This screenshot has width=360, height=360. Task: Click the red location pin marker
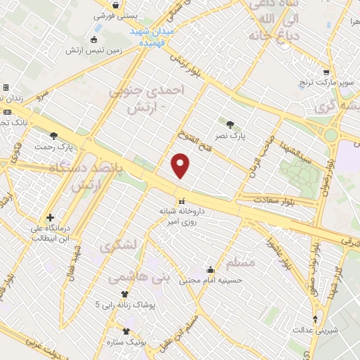coord(181,165)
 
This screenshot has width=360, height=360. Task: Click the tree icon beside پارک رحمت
coord(53,136)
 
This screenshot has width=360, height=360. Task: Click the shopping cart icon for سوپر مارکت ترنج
coord(326,72)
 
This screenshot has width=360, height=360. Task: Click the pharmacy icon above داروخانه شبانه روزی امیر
coord(182,199)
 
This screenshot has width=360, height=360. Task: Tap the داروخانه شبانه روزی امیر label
coord(185,214)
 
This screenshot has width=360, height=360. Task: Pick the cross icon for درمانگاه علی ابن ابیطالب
coord(49,218)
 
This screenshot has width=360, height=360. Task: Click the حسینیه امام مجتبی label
coord(210,280)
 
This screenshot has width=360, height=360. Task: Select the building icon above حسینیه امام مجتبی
coord(210,269)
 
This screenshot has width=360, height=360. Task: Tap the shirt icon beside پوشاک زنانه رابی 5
coord(125,294)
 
